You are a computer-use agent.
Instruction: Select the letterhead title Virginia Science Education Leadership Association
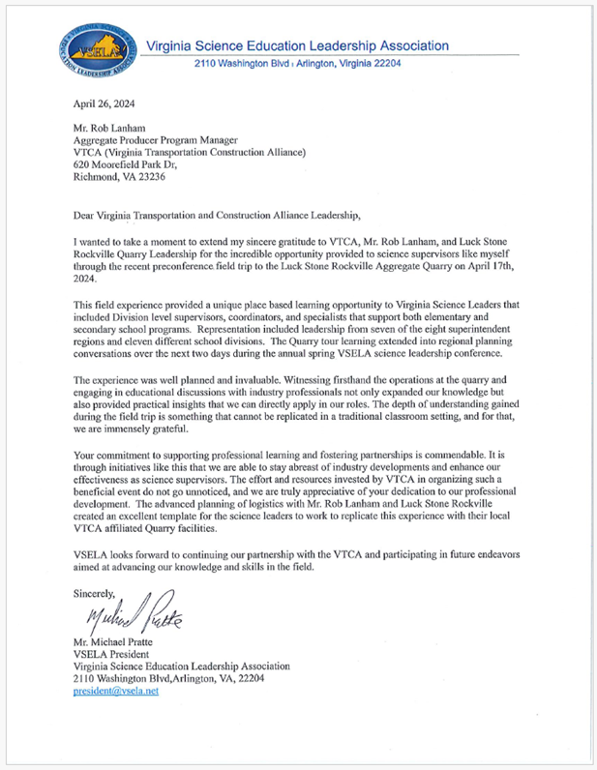[x=297, y=45]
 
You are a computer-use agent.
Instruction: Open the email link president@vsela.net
[x=117, y=693]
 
